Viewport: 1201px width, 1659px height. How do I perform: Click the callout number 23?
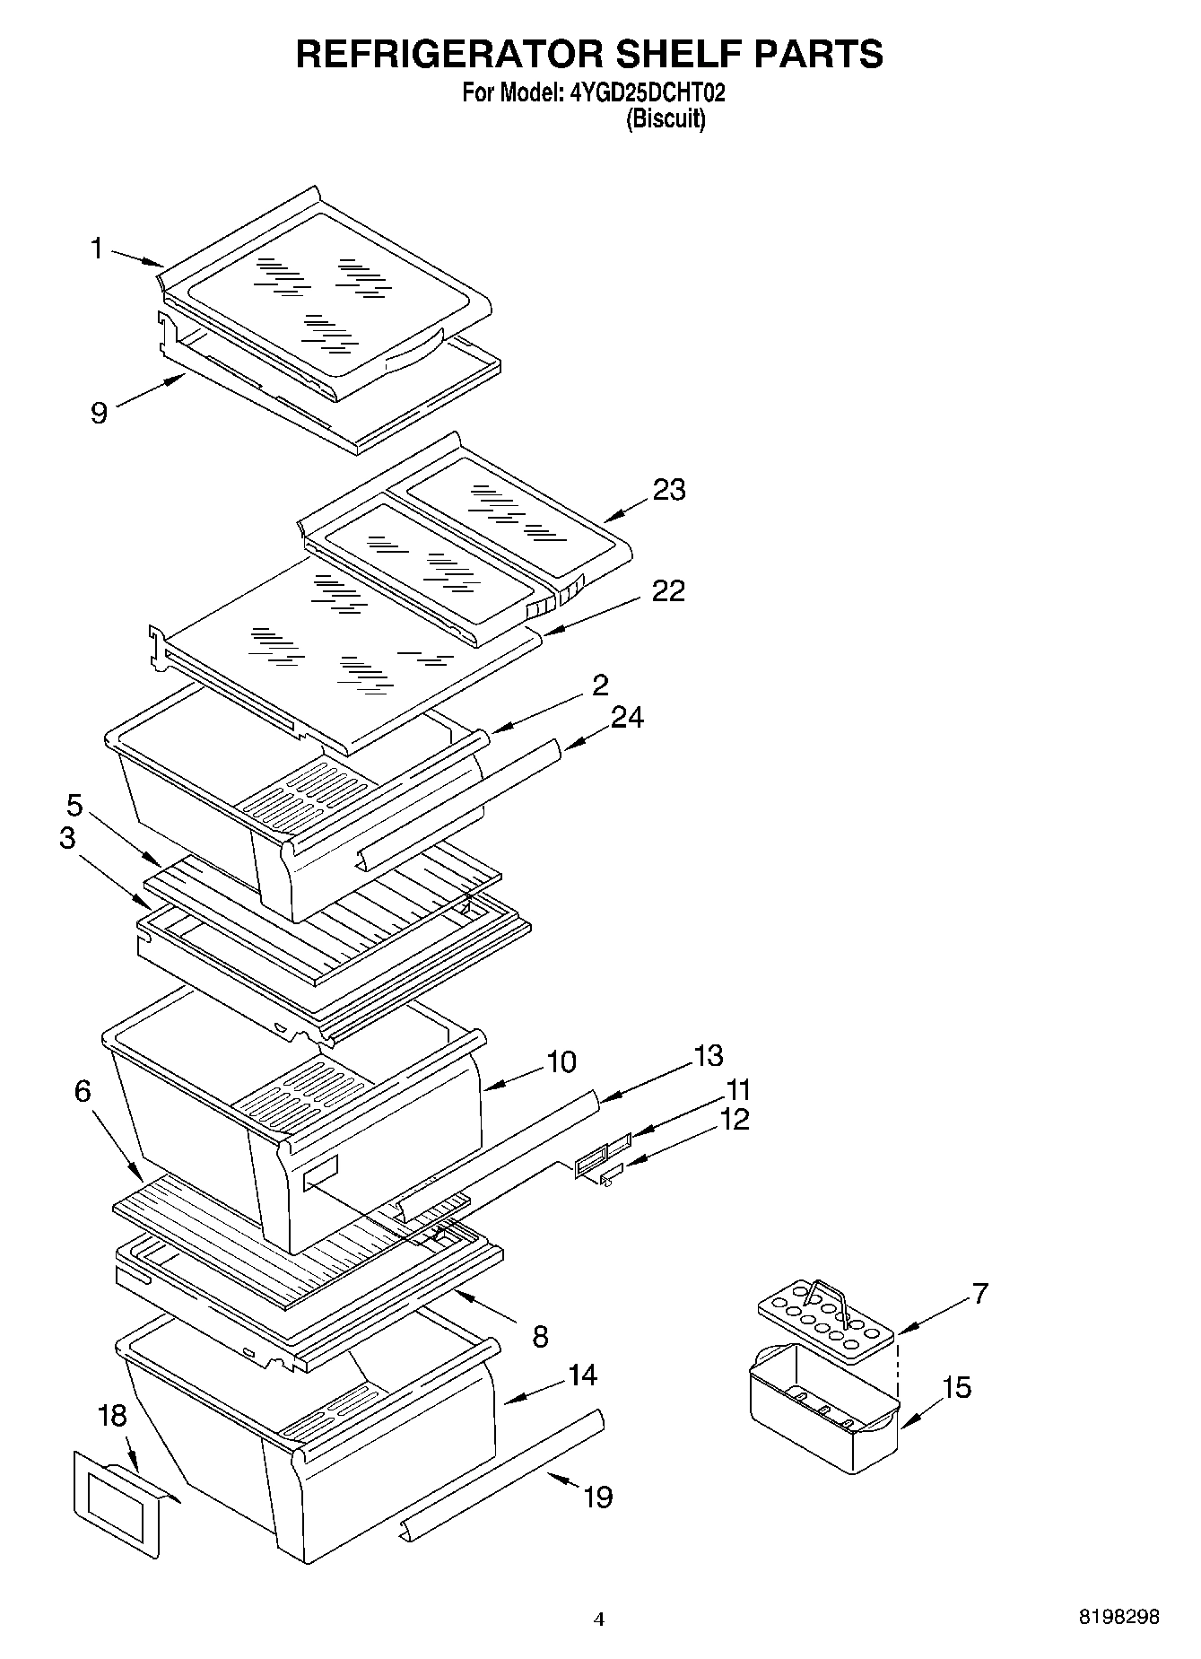tap(668, 490)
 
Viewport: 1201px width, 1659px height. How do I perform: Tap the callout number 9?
tap(99, 413)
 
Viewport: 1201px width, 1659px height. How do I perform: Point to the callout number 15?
tap(957, 1387)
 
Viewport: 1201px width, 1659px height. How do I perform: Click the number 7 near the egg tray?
tap(979, 1293)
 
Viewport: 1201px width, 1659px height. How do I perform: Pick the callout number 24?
tap(627, 717)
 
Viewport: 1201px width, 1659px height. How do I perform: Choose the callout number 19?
tap(598, 1497)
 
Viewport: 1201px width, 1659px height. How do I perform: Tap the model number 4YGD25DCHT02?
tap(642, 92)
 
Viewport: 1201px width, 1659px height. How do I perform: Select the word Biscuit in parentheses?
tap(665, 118)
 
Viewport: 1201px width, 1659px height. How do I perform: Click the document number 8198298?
tap(1118, 1616)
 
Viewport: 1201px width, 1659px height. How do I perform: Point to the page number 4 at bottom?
tap(599, 1620)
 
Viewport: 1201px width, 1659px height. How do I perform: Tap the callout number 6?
tap(83, 1091)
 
